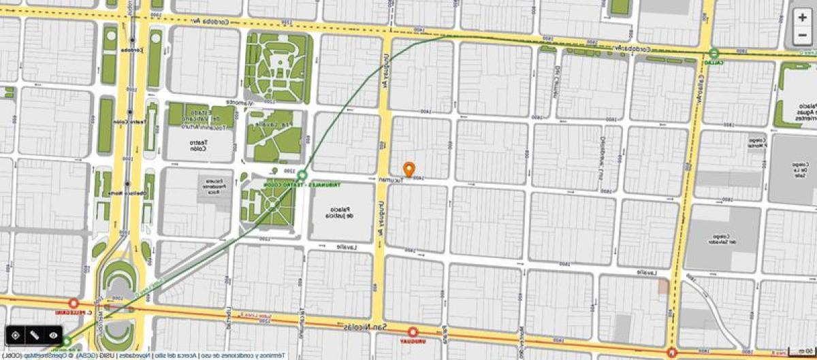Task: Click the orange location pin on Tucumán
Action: pos(408,169)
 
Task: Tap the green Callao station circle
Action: pos(714,53)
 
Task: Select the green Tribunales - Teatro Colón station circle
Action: pos(302,176)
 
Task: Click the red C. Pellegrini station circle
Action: pos(74,304)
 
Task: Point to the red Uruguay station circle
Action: pos(413,332)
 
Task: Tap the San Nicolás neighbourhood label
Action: pos(366,327)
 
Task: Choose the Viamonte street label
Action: pos(240,103)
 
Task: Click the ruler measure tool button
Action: pos(34,336)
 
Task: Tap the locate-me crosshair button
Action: pos(14,336)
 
